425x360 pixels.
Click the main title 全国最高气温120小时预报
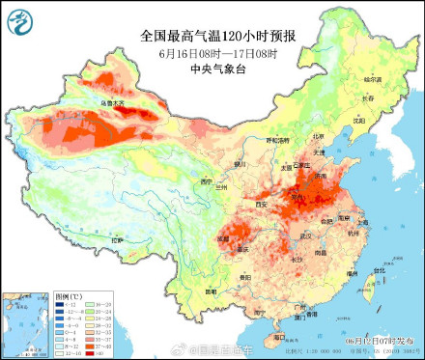[x=217, y=36]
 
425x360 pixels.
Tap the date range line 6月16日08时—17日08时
[x=217, y=52]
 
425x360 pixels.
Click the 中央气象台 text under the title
[x=217, y=68]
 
